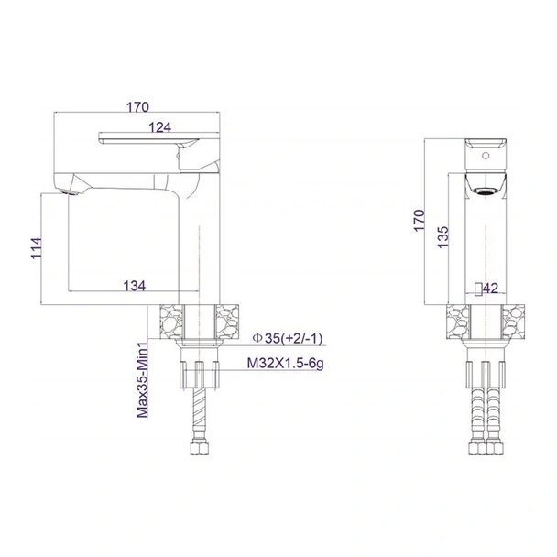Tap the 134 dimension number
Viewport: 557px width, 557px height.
click(134, 285)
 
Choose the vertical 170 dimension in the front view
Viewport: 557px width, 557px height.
click(419, 221)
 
